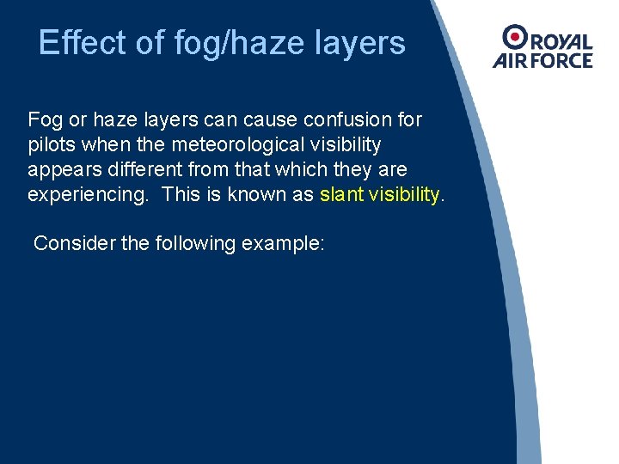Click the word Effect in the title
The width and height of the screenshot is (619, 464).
(70, 42)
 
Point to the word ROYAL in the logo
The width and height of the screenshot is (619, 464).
(560, 41)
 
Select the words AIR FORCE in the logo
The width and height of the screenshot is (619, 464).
(542, 61)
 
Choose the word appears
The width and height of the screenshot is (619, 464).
(62, 168)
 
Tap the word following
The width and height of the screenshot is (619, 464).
(195, 243)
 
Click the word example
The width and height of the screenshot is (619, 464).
(282, 243)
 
